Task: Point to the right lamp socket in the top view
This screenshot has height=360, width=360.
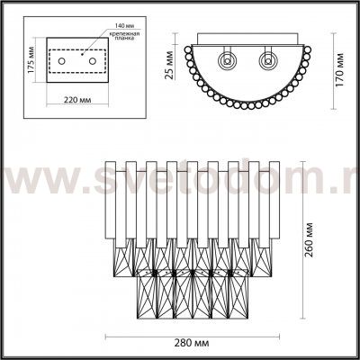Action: tap(266, 63)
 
